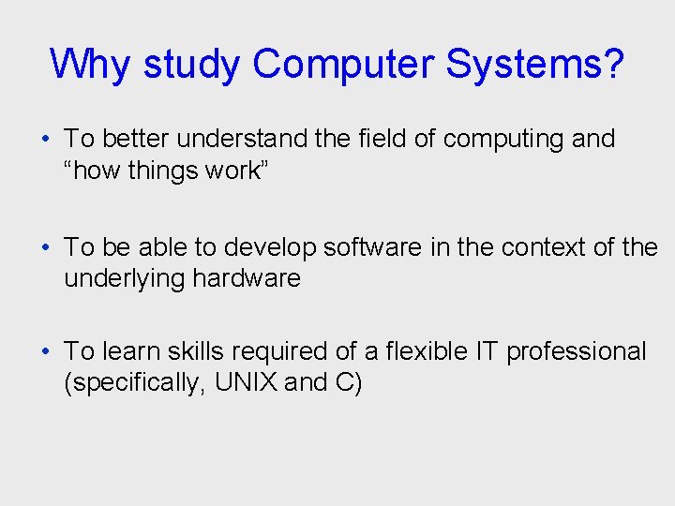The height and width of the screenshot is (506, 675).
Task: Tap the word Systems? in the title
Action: click(x=534, y=65)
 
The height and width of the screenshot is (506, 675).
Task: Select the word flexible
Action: click(x=431, y=351)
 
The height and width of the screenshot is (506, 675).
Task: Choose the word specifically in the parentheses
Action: click(x=129, y=382)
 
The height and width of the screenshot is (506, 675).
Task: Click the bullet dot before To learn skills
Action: click(x=45, y=352)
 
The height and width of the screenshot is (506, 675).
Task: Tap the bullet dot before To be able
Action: click(x=45, y=247)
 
